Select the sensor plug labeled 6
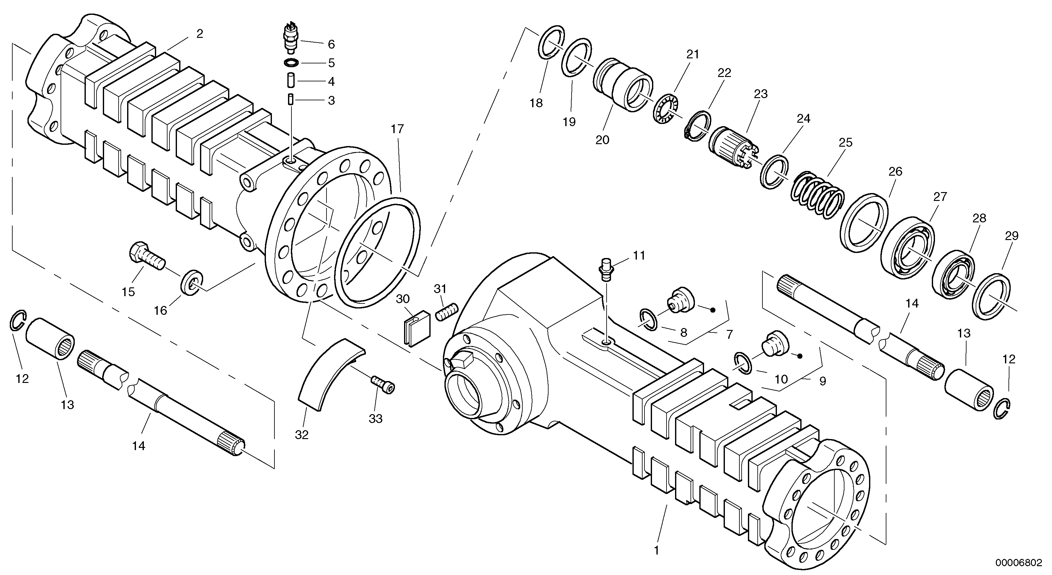pyautogui.click(x=290, y=39)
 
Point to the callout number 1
pyautogui.click(x=656, y=550)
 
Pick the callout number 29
pyautogui.click(x=1012, y=236)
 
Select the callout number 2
pyautogui.click(x=199, y=33)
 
